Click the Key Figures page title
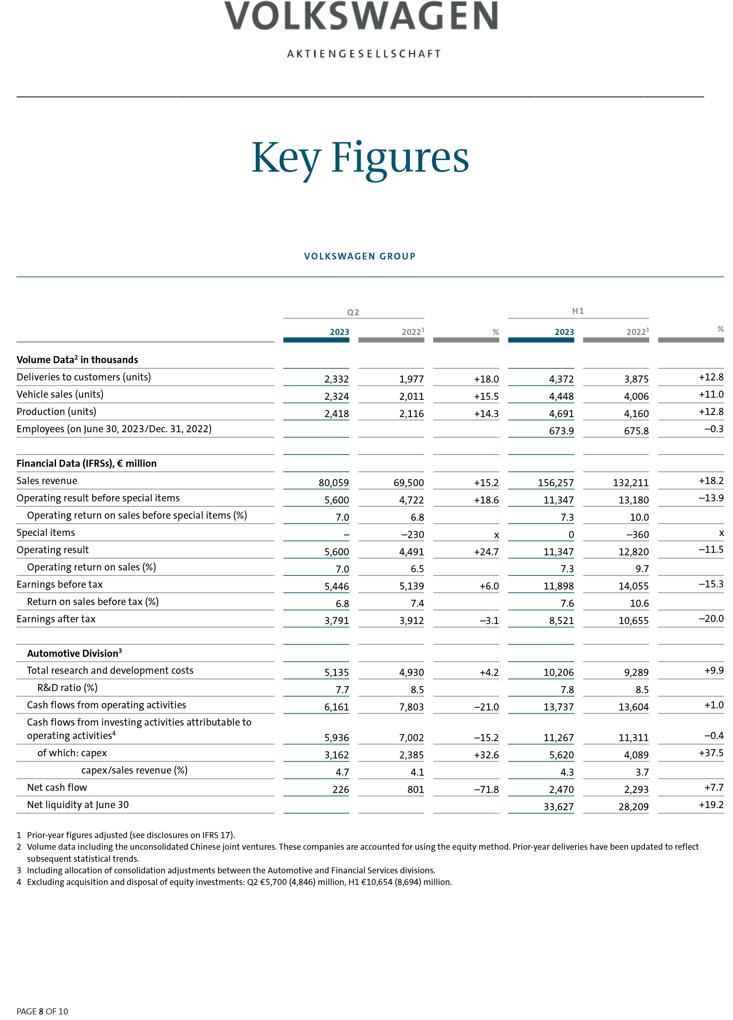pyautogui.click(x=360, y=158)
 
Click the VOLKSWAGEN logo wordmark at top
pyautogui.click(x=361, y=16)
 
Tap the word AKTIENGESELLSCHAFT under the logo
pyautogui.click(x=364, y=54)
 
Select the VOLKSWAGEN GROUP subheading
pyautogui.click(x=359, y=256)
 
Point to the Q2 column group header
pyautogui.click(x=353, y=312)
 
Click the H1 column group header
pyautogui.click(x=578, y=311)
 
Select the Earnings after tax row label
pyautogui.click(x=56, y=619)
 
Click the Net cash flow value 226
pyautogui.click(x=341, y=789)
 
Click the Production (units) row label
pyautogui.click(x=56, y=411)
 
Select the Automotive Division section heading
pyautogui.click(x=74, y=653)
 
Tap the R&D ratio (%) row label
pyautogui.click(x=67, y=688)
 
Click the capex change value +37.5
pyautogui.click(x=710, y=753)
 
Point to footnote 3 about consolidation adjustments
pyautogui.click(x=230, y=870)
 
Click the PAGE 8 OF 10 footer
pyautogui.click(x=42, y=1011)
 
